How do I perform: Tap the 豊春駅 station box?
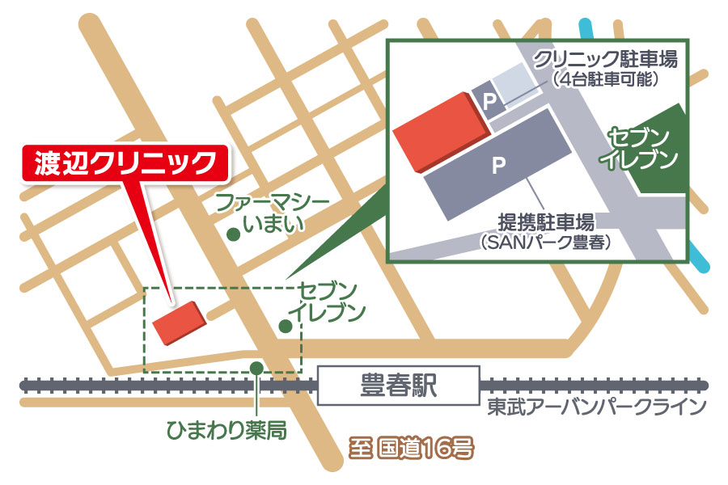(x=397, y=386)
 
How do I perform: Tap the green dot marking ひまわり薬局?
(x=256, y=369)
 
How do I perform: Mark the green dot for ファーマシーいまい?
(x=233, y=235)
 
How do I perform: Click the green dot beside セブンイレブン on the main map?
(x=285, y=326)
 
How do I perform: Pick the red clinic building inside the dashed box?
(x=180, y=323)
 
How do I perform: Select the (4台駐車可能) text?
(x=605, y=79)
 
